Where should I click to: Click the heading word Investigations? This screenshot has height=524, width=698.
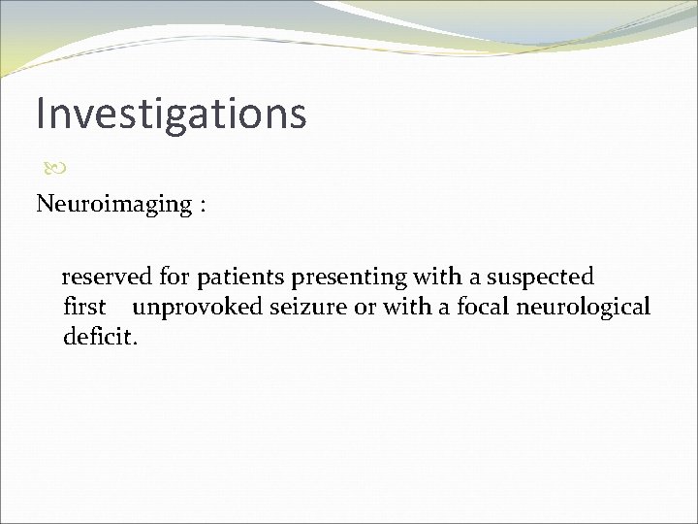[171, 113]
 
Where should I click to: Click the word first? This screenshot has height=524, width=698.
[84, 308]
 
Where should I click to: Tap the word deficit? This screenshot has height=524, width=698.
[101, 338]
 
